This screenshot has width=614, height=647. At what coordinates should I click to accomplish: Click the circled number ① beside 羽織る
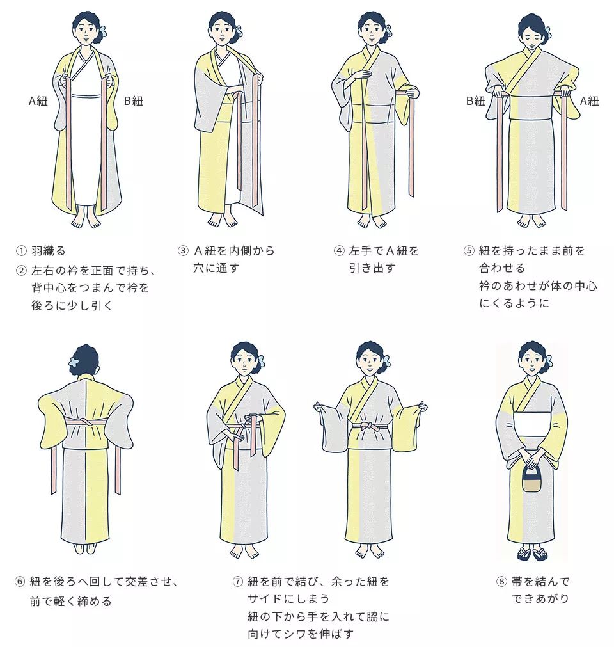pos(22,251)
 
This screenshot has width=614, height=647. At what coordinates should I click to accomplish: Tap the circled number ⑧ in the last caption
pos(501,582)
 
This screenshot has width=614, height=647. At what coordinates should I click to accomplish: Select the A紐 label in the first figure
pos(39,101)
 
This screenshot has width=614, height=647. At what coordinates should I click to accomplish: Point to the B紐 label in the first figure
pos(134,101)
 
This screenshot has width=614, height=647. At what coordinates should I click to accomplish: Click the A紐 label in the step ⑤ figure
pos(589,100)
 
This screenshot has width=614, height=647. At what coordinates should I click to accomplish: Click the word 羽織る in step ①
pos(49,251)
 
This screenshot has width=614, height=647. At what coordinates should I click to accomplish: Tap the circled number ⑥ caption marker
pos(20,582)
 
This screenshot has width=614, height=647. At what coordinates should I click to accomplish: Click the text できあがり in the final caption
pos(540,598)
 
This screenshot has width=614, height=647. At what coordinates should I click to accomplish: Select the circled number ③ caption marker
pos(182,251)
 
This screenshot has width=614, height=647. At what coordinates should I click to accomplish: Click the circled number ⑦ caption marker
pos(237,582)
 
